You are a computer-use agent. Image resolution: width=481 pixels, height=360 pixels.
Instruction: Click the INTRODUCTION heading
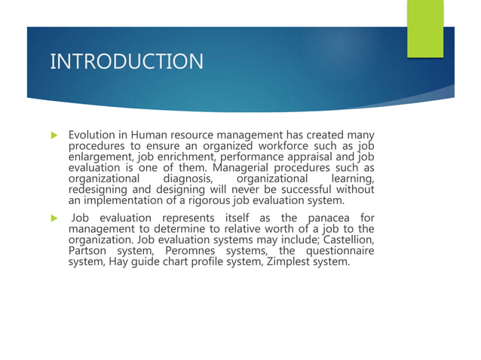tap(127, 61)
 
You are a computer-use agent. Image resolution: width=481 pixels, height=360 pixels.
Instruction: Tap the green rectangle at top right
tap(425, 28)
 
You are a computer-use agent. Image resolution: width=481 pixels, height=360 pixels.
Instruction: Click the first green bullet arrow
tap(54, 136)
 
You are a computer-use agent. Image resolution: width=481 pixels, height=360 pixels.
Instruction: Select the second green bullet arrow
tap(54, 218)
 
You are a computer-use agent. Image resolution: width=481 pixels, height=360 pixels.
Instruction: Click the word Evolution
tap(91, 135)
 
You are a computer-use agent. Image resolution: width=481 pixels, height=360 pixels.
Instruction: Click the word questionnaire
tap(339, 251)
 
